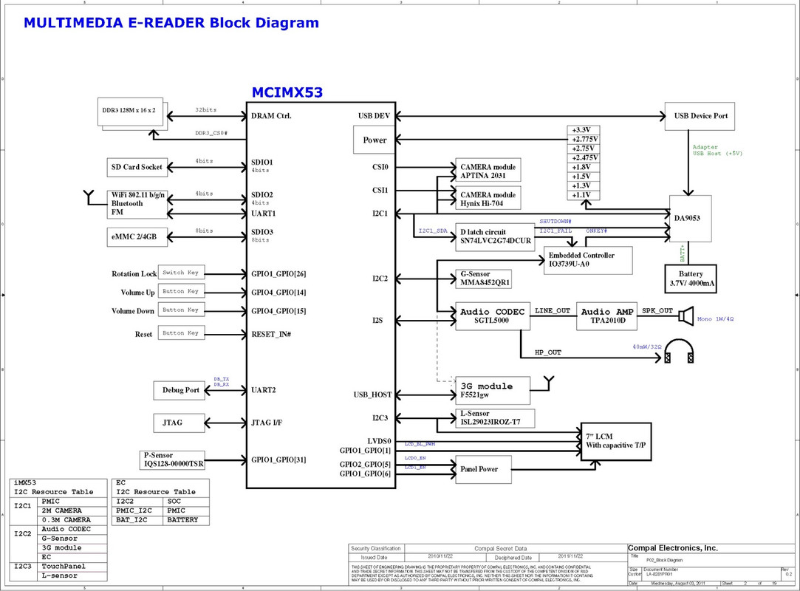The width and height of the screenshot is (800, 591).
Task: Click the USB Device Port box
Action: click(700, 116)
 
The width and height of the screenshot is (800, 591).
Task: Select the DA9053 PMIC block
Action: click(691, 218)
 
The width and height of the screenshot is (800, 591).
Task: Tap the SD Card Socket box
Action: click(137, 167)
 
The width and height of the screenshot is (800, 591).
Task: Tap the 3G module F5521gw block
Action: click(490, 389)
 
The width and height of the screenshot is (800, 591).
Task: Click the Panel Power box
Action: click(481, 469)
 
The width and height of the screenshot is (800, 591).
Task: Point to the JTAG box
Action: click(174, 423)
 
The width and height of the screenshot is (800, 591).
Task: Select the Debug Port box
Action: click(180, 390)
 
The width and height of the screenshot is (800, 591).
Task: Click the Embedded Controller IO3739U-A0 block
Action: click(589, 259)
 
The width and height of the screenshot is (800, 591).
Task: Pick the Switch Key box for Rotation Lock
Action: click(181, 273)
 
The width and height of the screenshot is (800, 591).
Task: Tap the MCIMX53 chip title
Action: click(287, 93)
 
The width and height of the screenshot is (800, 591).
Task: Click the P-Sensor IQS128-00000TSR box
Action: click(172, 460)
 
